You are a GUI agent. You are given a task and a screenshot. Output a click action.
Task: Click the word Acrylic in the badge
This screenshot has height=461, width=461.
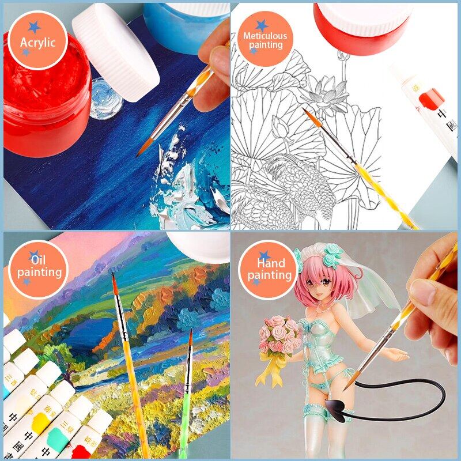[x=38, y=42]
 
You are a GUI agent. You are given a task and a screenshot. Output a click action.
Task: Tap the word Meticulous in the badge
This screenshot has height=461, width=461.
[x=264, y=36]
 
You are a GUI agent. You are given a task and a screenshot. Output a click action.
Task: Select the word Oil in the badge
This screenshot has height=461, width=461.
[x=38, y=260]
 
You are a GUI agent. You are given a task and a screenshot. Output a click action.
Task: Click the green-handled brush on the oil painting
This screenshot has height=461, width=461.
[x=186, y=403]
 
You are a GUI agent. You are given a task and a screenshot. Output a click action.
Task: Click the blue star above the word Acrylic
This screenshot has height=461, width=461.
[x=34, y=27]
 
